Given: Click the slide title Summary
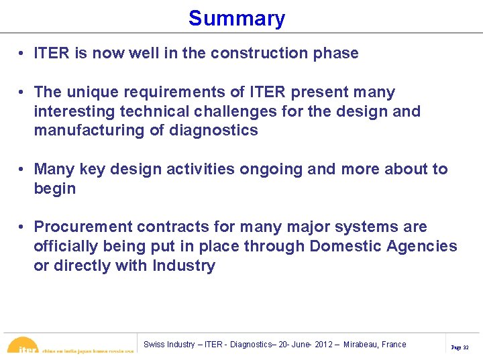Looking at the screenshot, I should [x=236, y=18].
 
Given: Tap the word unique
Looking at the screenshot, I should [x=91, y=92].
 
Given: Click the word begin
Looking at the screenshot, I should [x=55, y=188].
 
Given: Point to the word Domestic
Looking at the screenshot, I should [x=345, y=246].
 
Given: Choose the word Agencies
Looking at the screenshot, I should [x=422, y=246].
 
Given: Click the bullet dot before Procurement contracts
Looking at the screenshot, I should [x=23, y=227].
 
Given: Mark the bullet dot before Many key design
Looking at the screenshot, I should [x=23, y=170].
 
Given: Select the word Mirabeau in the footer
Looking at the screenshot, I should [x=363, y=345].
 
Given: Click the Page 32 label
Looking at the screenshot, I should [x=460, y=347].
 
